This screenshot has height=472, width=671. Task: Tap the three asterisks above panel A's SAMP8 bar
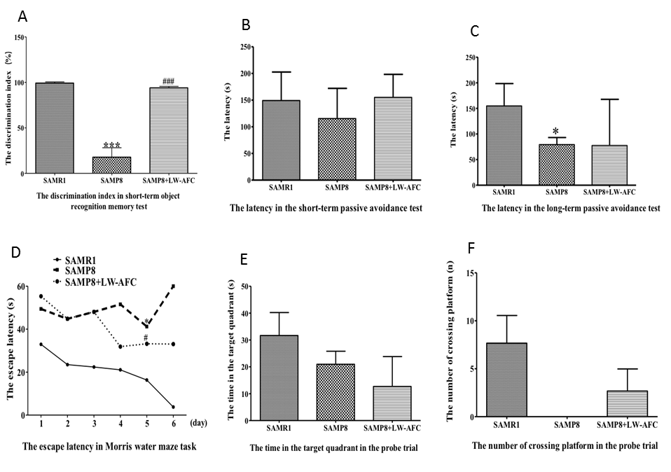pyautogui.click(x=111, y=146)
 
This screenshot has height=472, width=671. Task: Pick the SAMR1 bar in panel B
pyautogui.click(x=281, y=140)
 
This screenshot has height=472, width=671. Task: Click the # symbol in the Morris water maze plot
pyautogui.click(x=146, y=338)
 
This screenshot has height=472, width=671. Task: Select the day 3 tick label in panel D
pyautogui.click(x=93, y=425)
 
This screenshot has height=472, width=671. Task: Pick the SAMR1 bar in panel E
pyautogui.click(x=281, y=378)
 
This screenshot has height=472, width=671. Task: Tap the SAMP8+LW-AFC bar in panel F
pyautogui.click(x=621, y=403)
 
